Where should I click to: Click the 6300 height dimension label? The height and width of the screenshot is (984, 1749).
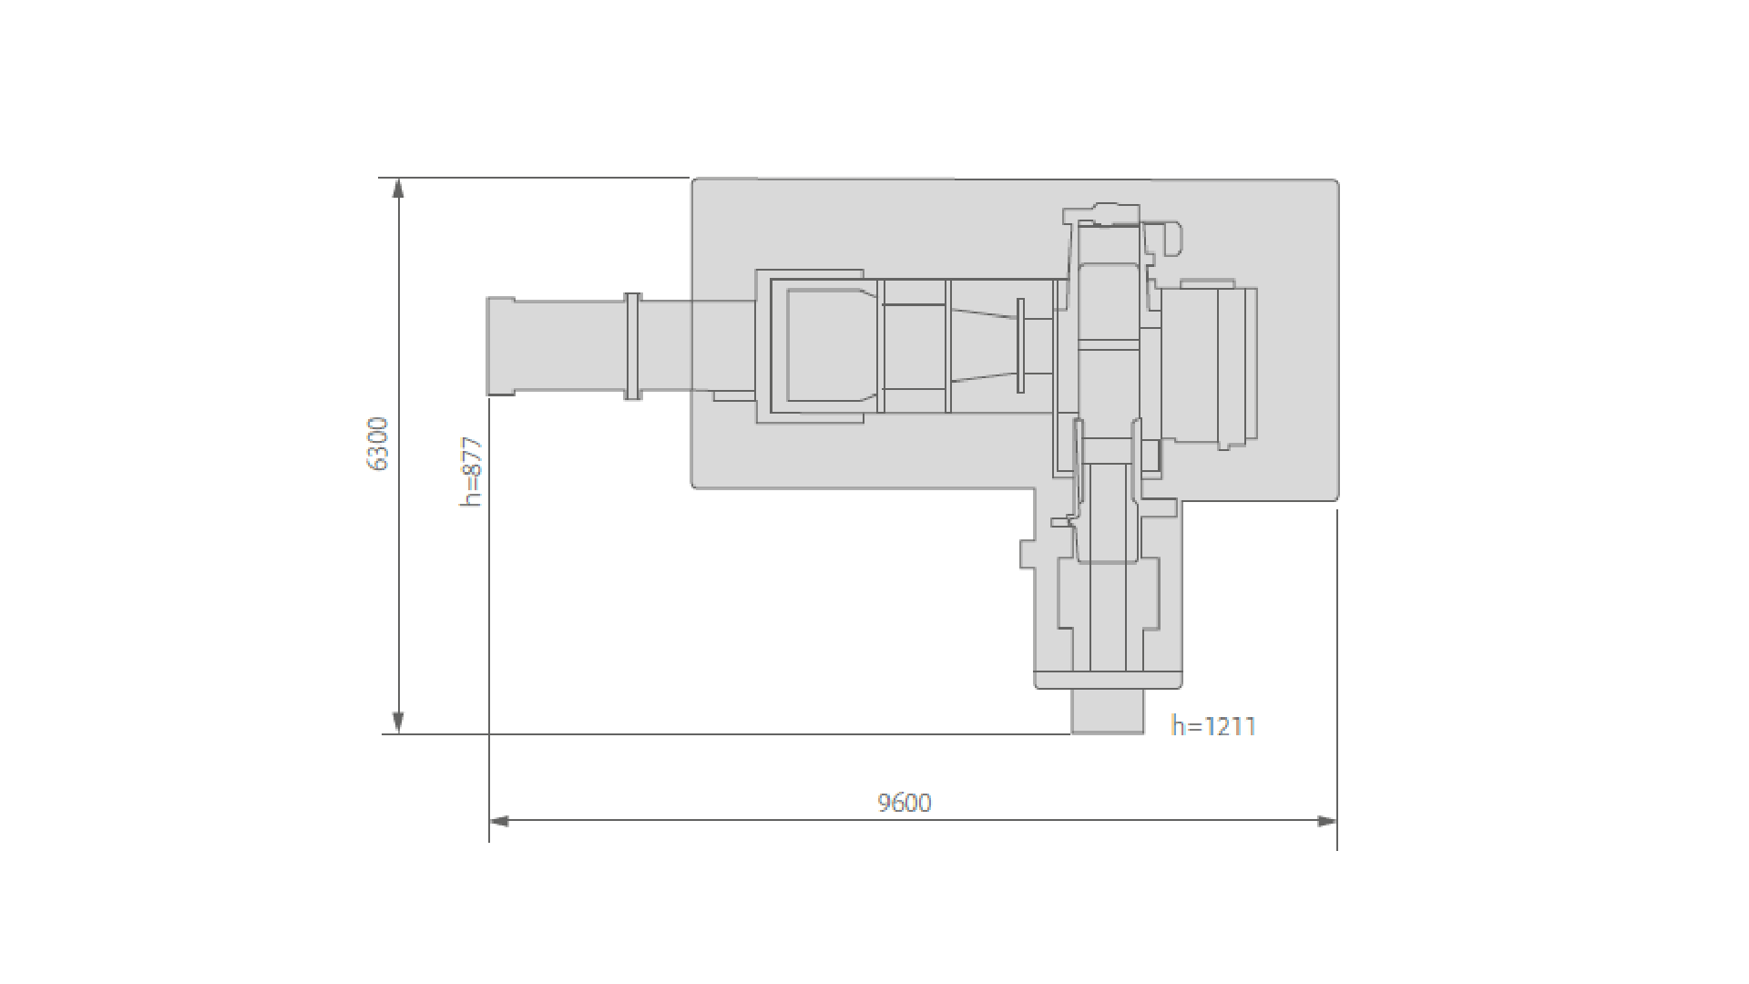[378, 444]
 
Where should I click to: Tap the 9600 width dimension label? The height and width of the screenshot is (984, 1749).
[905, 803]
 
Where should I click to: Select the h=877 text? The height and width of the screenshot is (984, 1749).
[470, 472]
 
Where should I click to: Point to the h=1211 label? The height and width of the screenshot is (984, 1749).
[1214, 726]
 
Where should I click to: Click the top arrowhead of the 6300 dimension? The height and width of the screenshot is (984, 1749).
[397, 188]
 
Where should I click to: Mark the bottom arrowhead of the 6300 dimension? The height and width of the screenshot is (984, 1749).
[397, 723]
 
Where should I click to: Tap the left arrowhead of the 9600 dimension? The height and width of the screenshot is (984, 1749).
[499, 821]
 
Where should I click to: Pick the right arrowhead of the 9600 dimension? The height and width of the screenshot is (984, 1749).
[1327, 821]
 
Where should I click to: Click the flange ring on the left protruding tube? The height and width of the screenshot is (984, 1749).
[632, 346]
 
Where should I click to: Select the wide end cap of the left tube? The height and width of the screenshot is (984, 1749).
[500, 346]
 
